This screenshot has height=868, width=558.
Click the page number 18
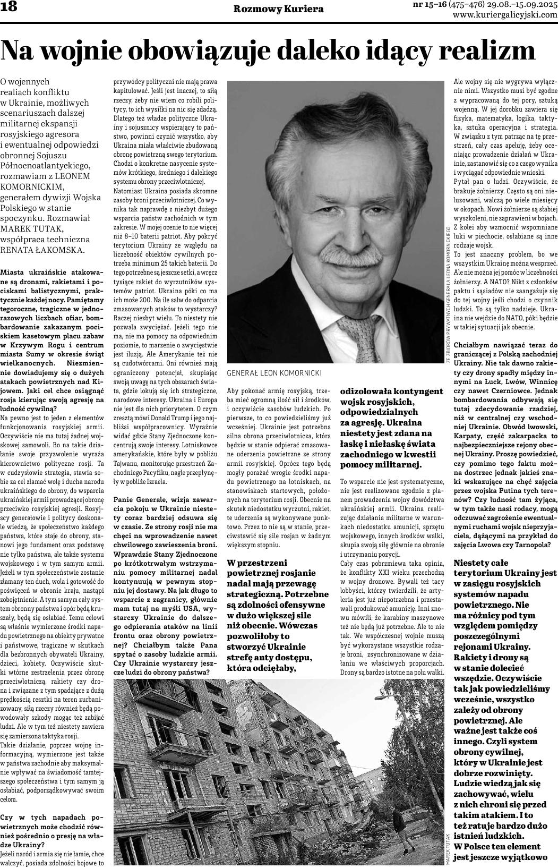[x=9, y=8]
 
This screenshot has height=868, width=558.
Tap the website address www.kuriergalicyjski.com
[x=504, y=15]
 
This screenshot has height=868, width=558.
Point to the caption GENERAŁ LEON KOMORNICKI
[x=274, y=373]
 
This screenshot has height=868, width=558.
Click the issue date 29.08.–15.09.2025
[x=523, y=5]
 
